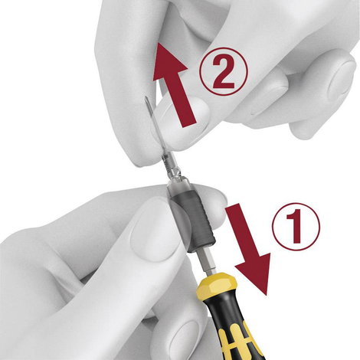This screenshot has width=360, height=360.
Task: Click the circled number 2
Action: click(224, 71)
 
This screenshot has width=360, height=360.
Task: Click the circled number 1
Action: click(296, 226)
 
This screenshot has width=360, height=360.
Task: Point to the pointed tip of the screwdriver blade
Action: click(146, 97)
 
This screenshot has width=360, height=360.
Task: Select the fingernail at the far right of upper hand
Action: click(342, 78)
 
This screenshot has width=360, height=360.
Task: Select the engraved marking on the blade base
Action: click(166, 164)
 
